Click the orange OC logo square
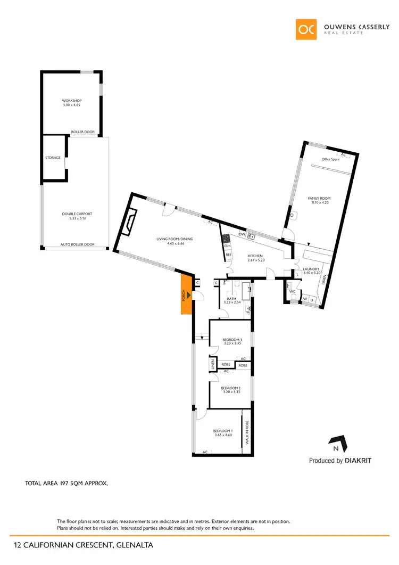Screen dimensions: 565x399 pyautogui.click(x=307, y=29)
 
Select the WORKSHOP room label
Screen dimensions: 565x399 pyautogui.click(x=71, y=101)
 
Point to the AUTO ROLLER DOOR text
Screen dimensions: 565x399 pyautogui.click(x=77, y=244)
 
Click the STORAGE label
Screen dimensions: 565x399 pyautogui.click(x=53, y=158)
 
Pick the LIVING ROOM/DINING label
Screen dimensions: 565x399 pyautogui.click(x=174, y=239)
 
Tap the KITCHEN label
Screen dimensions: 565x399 pyautogui.click(x=255, y=256)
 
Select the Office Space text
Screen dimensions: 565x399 pyautogui.click(x=330, y=159)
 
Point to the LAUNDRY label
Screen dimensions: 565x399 pyautogui.click(x=311, y=269)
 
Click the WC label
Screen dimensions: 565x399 pyautogui.click(x=292, y=291)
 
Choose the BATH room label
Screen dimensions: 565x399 pyautogui.click(x=231, y=299)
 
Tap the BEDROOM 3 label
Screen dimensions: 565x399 pyautogui.click(x=232, y=340)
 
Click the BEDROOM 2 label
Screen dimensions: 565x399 pyautogui.click(x=231, y=388)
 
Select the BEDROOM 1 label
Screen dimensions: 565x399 pyautogui.click(x=222, y=431)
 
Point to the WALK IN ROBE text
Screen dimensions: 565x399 pyautogui.click(x=247, y=432)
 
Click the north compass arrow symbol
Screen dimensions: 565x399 pyautogui.click(x=336, y=441)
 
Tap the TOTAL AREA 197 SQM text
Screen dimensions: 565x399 pyautogui.click(x=66, y=484)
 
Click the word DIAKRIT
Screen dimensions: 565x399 pyautogui.click(x=358, y=461)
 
